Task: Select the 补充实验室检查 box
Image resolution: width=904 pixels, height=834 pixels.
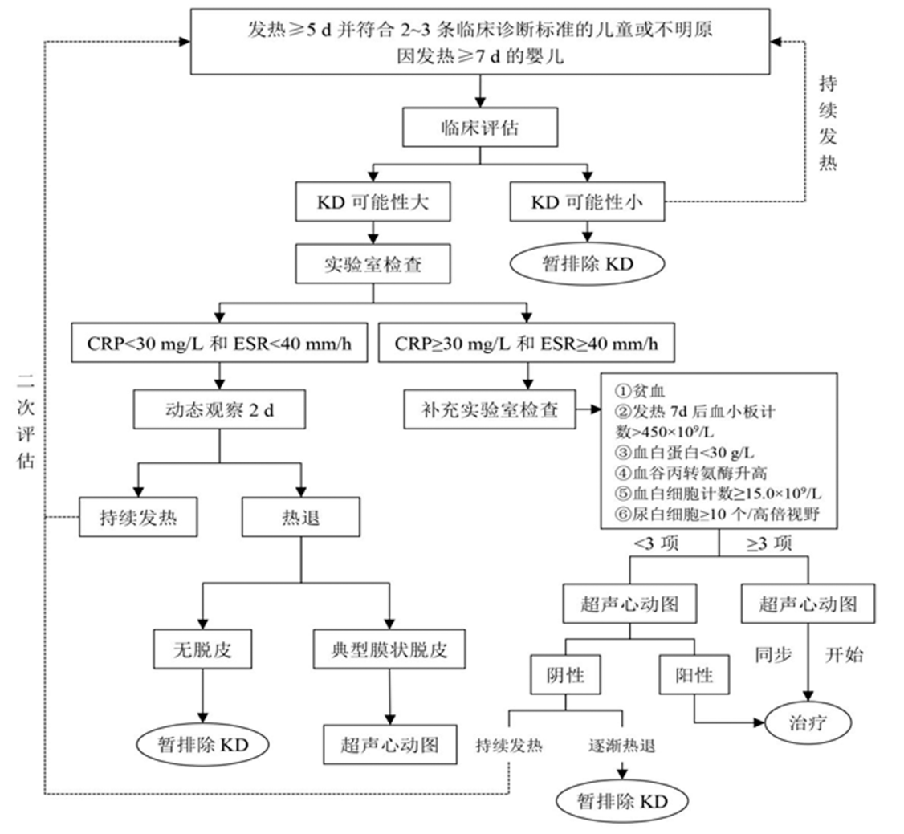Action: pyautogui.click(x=491, y=412)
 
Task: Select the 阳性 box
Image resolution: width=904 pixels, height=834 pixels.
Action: pyautogui.click(x=694, y=675)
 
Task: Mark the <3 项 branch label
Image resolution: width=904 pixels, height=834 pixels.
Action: pyautogui.click(x=658, y=544)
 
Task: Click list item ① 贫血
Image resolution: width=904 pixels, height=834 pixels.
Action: pyautogui.click(x=638, y=391)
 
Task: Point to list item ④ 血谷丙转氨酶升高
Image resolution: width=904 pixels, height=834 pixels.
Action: pyautogui.click(x=687, y=471)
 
